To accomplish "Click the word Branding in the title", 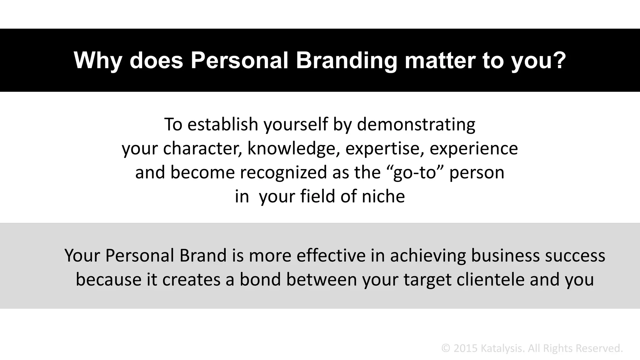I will pyautogui.click(x=346, y=60).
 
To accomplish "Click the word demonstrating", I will pyautogui.click(x=416, y=124).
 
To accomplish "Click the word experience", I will pyautogui.click(x=474, y=148).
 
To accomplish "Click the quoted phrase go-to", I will pyautogui.click(x=414, y=172).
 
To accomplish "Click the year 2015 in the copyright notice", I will pyautogui.click(x=465, y=348).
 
